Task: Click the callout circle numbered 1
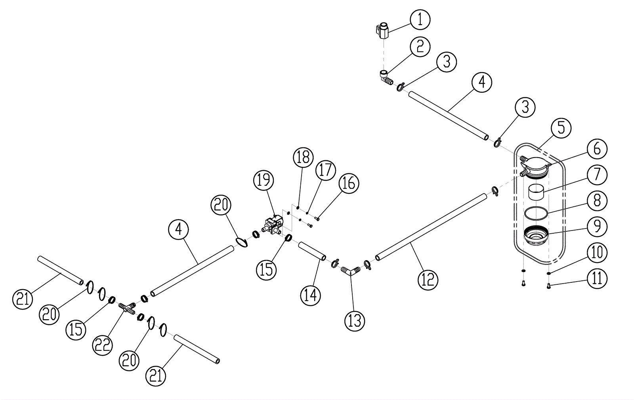point(420,20)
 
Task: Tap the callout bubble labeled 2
point(420,47)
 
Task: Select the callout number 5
point(561,128)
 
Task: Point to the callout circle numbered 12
point(428,280)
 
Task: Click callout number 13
point(354,320)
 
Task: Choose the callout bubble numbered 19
point(264,180)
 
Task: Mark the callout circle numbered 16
point(349,183)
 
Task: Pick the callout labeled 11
point(597,278)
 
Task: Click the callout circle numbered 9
point(597,226)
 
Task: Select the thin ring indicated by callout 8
point(536,213)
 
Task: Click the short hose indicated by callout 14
point(312,251)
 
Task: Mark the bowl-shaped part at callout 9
point(536,236)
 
